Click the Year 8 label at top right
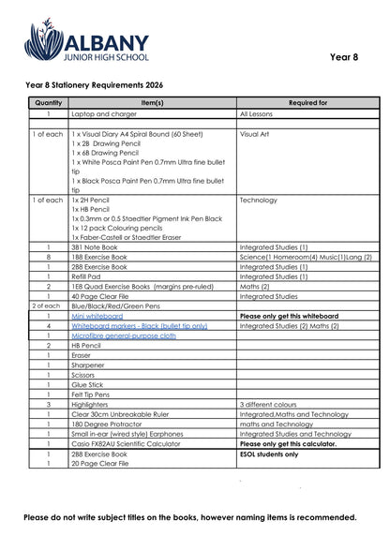(344, 57)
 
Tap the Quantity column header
(47, 102)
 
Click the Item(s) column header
(152, 102)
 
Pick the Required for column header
(307, 102)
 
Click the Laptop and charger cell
(102, 113)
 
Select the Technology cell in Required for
(259, 200)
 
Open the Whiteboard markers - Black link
(139, 326)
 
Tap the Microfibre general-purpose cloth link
(123, 335)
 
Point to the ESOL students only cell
(269, 454)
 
